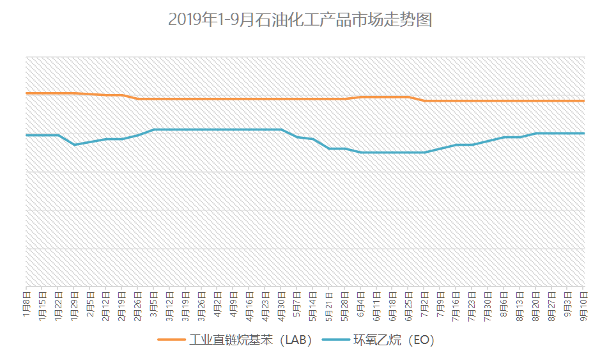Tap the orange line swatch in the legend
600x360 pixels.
(x=171, y=340)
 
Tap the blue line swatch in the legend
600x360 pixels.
(x=336, y=340)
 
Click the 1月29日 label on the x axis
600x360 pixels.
(x=74, y=302)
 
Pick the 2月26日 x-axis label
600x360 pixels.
(x=138, y=302)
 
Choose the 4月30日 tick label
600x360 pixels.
(x=281, y=302)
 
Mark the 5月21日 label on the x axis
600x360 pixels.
(x=329, y=302)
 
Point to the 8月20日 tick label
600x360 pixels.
(x=536, y=302)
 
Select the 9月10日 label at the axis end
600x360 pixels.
(x=584, y=302)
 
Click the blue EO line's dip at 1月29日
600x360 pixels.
(x=74, y=145)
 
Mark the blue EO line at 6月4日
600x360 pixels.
(x=361, y=152)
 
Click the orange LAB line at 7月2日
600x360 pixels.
(x=425, y=100)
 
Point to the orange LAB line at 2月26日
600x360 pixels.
(x=138, y=98)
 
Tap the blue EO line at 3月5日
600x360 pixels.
(x=154, y=130)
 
